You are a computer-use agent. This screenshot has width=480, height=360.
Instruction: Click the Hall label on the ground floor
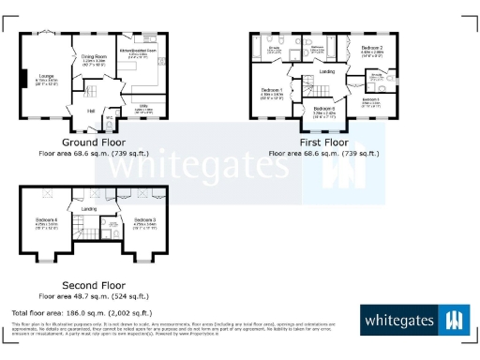tap(92, 112)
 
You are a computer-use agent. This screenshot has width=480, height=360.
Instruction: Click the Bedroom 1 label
tap(273, 91)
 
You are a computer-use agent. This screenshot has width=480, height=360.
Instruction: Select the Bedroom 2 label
tap(372, 47)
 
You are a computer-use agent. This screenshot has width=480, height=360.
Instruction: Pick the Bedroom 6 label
tap(324, 109)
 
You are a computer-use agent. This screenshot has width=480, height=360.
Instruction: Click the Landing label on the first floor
tap(327, 71)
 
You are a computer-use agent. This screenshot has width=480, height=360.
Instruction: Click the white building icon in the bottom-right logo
tap(455, 321)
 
